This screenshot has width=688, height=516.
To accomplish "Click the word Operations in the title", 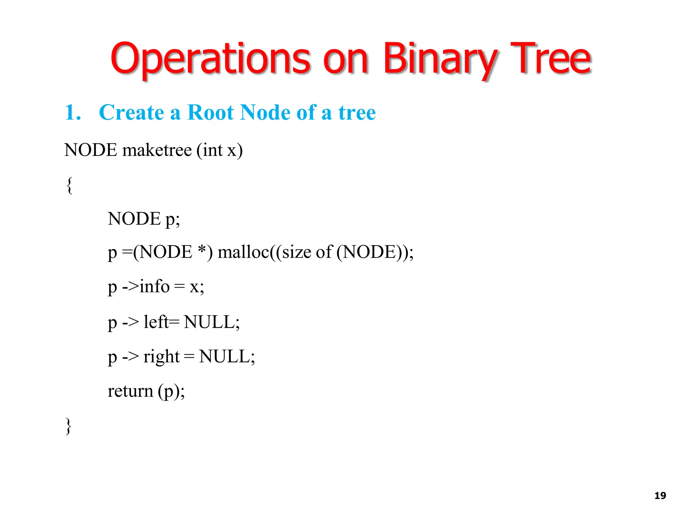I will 210,59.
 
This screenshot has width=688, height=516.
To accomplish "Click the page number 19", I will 660,496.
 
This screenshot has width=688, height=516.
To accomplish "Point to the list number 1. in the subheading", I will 73,112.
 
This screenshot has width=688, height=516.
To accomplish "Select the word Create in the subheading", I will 131,112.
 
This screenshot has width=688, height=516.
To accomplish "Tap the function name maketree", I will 157,150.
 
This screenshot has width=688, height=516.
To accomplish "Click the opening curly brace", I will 69,185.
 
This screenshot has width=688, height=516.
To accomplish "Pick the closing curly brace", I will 69,426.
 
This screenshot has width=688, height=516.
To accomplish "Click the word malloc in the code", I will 244,252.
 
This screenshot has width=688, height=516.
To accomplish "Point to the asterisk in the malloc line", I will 202,250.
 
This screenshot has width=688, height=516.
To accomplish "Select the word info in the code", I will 155,287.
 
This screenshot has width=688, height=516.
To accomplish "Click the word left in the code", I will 156,322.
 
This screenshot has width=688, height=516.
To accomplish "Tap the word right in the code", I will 161,357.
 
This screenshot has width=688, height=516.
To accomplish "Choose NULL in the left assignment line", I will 210,322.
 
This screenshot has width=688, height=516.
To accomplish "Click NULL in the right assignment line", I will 224,356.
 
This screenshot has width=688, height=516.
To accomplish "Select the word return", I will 130,391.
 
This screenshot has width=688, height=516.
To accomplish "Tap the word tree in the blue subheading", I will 357,112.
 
